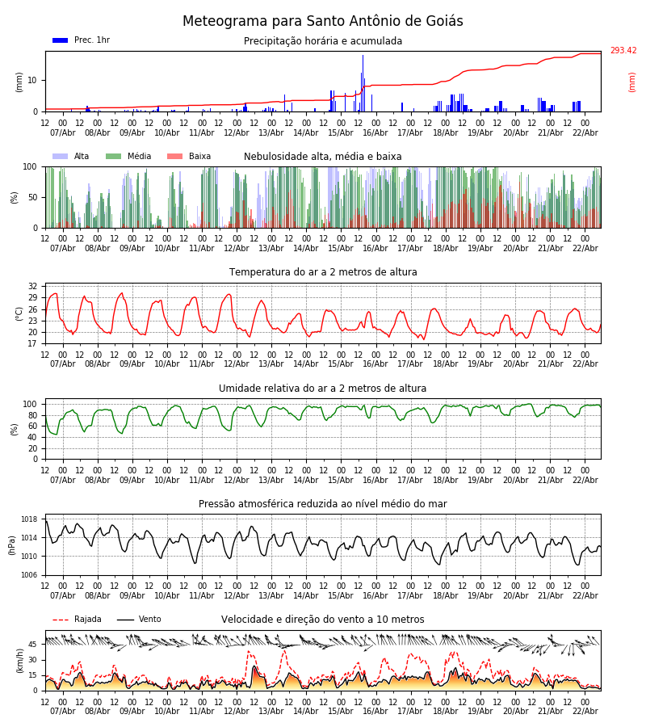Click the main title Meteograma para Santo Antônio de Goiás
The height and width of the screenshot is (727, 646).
323,22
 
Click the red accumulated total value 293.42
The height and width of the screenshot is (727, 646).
623,51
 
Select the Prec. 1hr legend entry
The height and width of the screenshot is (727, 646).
82,40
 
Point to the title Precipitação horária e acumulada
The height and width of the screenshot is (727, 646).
323,41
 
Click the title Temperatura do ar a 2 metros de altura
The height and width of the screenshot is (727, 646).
323,272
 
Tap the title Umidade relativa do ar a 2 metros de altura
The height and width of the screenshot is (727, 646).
323,389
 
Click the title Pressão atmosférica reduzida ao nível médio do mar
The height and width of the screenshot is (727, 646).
323,504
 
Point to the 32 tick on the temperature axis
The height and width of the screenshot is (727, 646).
32,287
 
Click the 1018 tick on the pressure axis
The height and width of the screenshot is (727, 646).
29,519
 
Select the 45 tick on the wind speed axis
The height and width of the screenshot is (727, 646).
32,645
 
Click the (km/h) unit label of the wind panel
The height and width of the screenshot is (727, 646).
19,661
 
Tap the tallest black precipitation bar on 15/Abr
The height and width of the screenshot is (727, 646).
363,83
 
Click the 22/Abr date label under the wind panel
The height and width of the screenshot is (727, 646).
585,712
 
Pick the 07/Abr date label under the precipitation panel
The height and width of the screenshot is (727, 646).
63,132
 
